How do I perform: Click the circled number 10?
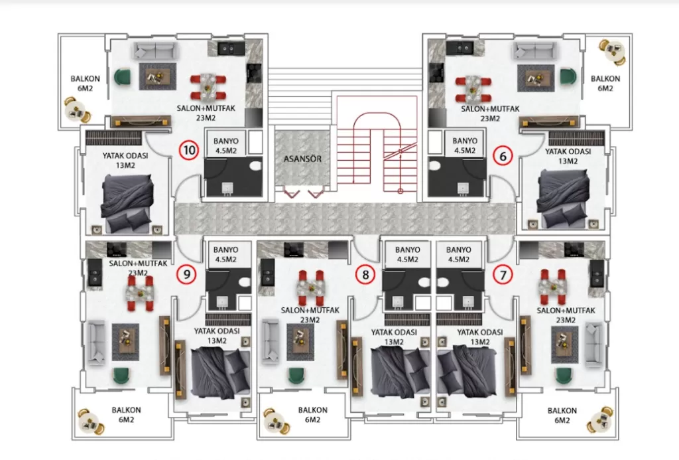[x=190, y=150]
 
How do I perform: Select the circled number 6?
[x=503, y=157]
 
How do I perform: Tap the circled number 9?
[x=187, y=272]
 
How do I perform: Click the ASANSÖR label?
[x=302, y=159]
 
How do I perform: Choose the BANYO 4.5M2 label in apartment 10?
[x=224, y=145]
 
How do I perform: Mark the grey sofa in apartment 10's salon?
[x=155, y=51]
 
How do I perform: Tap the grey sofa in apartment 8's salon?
[x=270, y=341]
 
